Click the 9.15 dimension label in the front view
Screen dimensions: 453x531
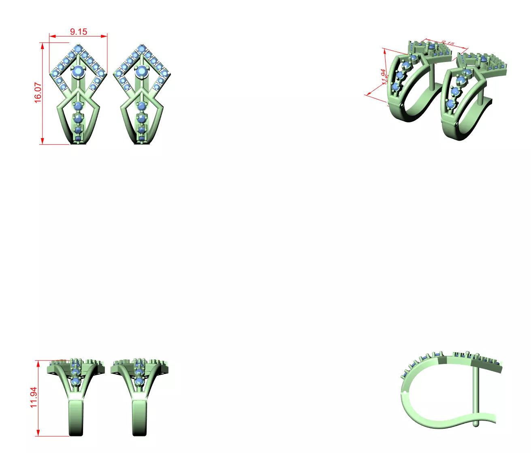[78, 32]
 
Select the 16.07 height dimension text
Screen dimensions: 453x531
[38, 93]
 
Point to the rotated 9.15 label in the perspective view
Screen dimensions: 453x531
[448, 43]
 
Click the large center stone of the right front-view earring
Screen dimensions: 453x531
[141, 71]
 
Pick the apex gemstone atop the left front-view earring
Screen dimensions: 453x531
[78, 49]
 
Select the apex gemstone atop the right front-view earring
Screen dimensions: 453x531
[141, 49]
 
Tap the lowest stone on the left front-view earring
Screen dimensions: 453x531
[78, 139]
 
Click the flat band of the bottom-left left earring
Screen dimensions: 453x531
[76, 417]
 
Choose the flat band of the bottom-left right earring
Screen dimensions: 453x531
[139, 417]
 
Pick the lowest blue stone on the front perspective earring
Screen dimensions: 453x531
[450, 104]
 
